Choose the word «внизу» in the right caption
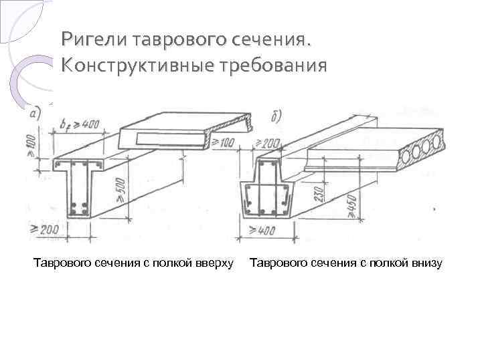point(424,263)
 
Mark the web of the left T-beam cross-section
point(78,191)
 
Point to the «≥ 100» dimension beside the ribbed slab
point(226,142)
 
